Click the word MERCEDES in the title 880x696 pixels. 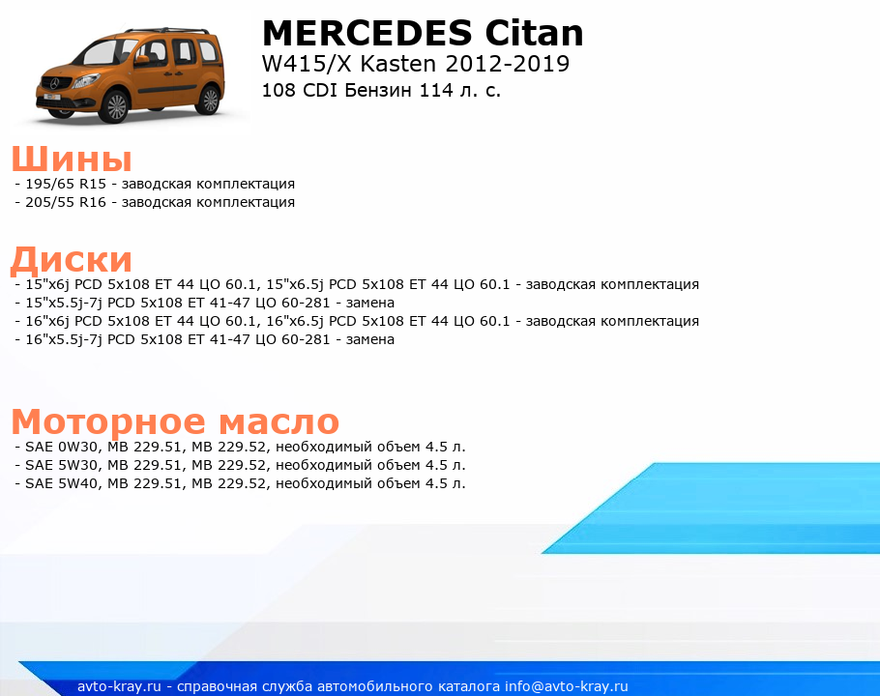367,33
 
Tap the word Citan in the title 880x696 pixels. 534,33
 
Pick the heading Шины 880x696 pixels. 72,159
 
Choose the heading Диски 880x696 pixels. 72,260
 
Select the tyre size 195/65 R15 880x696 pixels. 66,184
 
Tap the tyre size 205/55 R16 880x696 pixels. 66,202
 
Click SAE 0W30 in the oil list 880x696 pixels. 62,447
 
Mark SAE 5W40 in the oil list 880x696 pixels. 62,483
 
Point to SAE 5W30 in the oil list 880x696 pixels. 62,466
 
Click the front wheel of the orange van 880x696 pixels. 116,106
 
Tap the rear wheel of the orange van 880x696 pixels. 210,100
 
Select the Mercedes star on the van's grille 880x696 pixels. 54,83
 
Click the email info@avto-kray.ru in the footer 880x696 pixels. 567,686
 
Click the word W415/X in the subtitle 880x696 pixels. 307,64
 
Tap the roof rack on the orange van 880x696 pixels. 167,30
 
